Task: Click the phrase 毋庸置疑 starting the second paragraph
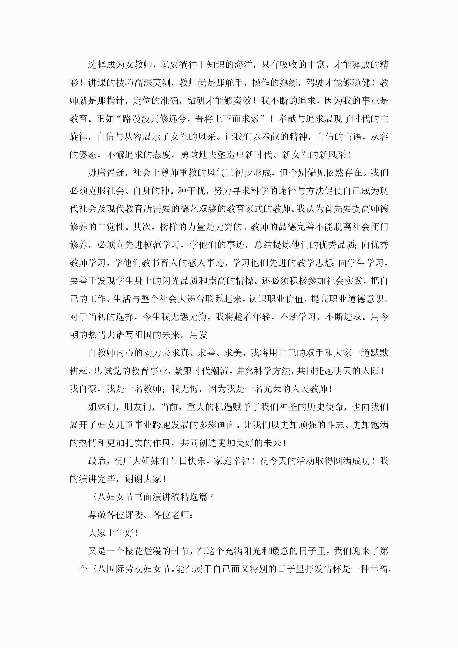point(106,173)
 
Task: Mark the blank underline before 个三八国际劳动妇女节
point(74,569)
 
